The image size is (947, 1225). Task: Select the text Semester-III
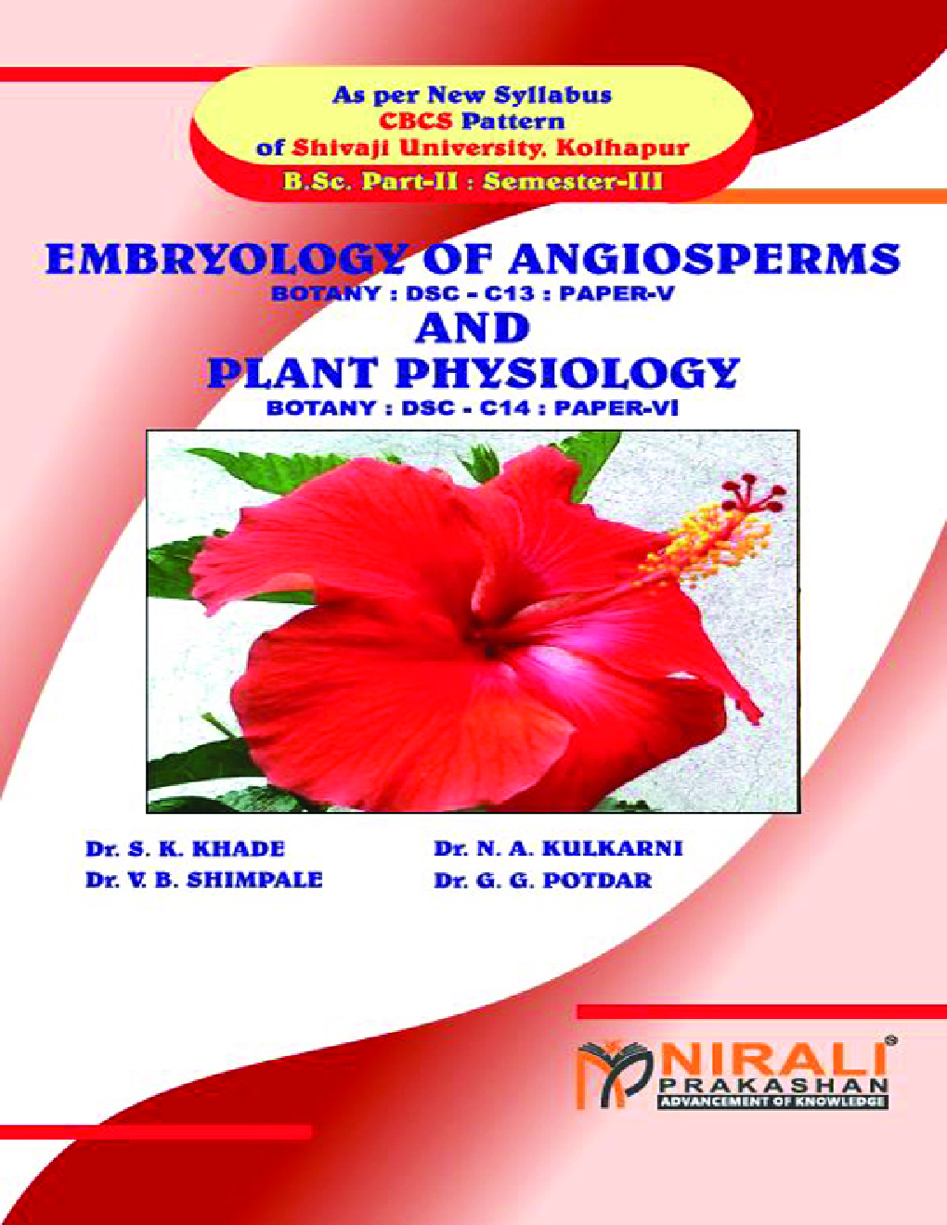click(x=573, y=182)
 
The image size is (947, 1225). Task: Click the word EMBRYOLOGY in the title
click(x=226, y=259)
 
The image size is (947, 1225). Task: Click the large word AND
click(x=473, y=328)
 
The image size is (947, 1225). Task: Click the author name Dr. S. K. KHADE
click(x=185, y=849)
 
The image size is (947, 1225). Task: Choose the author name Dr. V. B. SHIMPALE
click(x=204, y=880)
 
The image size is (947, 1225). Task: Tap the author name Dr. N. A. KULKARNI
click(x=558, y=848)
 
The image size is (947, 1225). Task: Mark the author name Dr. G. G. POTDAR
click(x=543, y=880)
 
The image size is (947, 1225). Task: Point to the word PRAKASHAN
click(x=773, y=1085)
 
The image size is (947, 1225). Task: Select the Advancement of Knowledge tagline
click(x=772, y=1102)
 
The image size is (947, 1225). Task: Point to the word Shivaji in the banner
click(x=337, y=148)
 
